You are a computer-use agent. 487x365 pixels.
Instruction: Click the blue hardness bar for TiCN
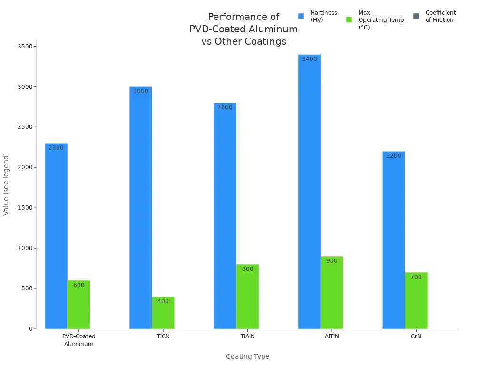[140, 209]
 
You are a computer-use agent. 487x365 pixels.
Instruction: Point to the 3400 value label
[309, 59]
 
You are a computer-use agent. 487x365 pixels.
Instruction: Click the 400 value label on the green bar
[163, 301]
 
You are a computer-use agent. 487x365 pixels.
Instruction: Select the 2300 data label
[56, 148]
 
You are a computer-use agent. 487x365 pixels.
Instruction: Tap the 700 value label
[416, 277]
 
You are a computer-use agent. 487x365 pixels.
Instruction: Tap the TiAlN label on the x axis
[247, 336]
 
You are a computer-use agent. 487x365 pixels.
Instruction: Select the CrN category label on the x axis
[416, 336]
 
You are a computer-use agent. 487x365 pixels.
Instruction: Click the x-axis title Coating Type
[247, 356]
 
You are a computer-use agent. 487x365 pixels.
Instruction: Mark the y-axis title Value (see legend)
[6, 184]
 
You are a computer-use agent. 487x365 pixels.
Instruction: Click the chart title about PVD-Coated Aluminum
[243, 29]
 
